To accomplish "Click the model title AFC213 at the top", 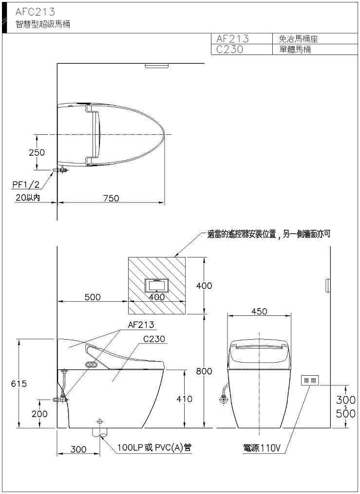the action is click(x=35, y=12).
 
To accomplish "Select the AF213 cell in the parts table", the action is click(x=232, y=39).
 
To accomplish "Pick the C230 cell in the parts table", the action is click(x=229, y=50).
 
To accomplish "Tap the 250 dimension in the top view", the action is click(x=37, y=152).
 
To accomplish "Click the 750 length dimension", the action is click(x=111, y=198).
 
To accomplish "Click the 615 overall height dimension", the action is click(x=19, y=384).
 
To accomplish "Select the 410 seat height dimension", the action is click(x=185, y=399).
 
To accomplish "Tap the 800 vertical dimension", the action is click(x=204, y=371).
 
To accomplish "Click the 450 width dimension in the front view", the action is click(x=259, y=311).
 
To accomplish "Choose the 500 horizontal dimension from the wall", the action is click(x=93, y=297).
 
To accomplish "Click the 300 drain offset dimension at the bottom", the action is click(x=78, y=449).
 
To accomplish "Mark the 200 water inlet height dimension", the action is click(x=39, y=414).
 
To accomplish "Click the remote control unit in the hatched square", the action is click(x=157, y=286).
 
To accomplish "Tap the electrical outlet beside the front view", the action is click(x=309, y=381).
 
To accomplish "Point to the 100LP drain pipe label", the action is click(x=154, y=447).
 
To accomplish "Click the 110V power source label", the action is click(x=261, y=448).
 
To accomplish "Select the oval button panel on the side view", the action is click(x=92, y=365).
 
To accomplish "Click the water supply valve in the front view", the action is click(x=224, y=400).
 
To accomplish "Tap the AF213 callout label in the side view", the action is click(x=141, y=325).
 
